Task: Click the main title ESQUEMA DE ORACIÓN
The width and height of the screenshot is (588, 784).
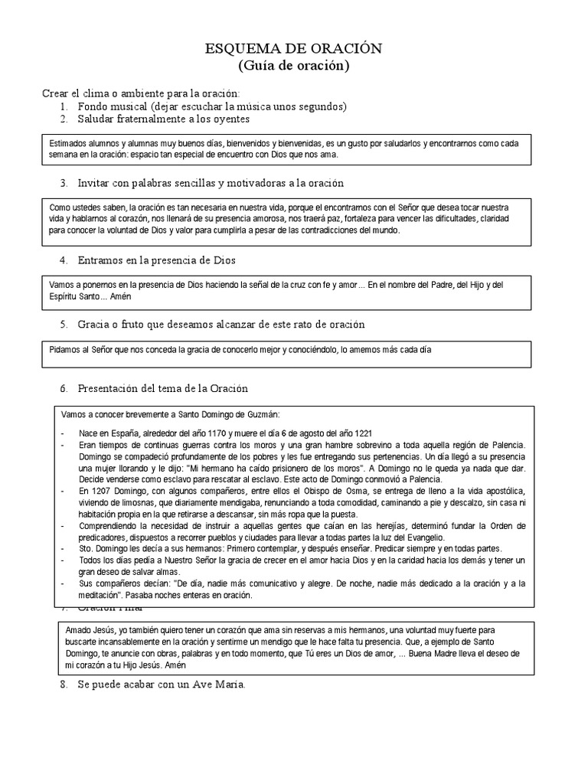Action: click(x=293, y=49)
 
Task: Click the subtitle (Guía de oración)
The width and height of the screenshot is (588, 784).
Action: click(x=293, y=67)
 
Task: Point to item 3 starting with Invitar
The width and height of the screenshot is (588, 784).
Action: click(x=211, y=183)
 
